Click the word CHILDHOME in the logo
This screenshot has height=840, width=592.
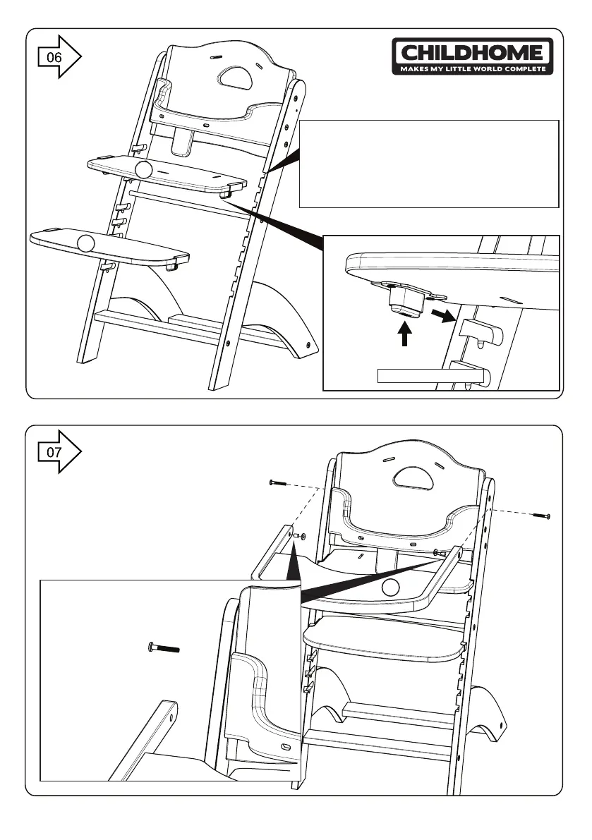(x=472, y=53)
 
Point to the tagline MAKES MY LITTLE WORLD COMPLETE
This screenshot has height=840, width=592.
(x=472, y=69)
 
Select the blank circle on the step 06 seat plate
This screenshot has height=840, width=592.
(x=144, y=169)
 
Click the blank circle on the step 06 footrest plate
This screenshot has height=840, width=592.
(x=85, y=243)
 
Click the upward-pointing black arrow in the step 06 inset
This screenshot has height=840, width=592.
(x=404, y=333)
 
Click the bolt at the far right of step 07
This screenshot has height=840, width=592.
(x=540, y=516)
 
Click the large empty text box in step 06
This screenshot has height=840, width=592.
(x=429, y=164)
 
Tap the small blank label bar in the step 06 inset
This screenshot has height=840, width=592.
(x=431, y=375)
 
